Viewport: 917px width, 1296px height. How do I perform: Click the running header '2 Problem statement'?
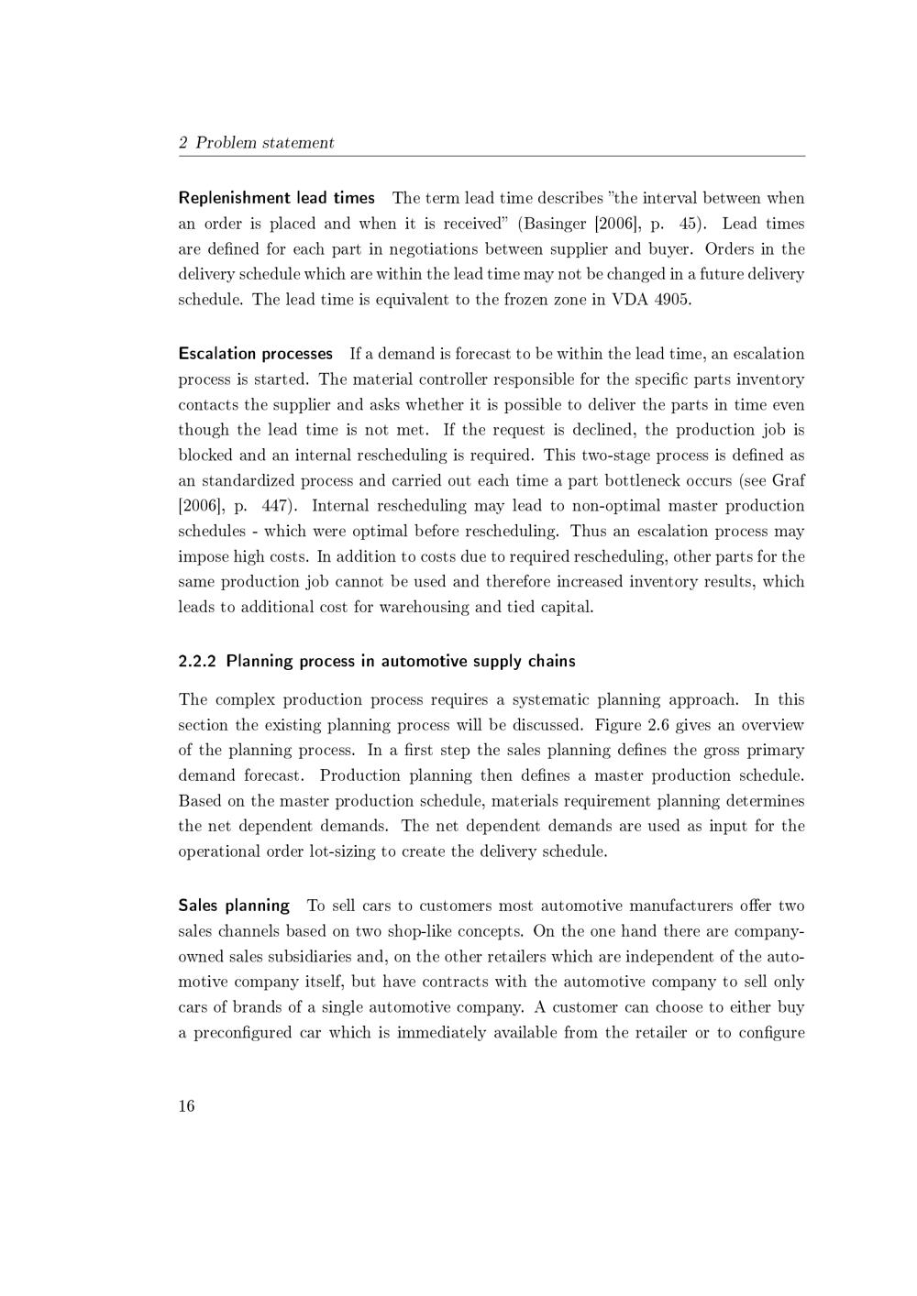(x=256, y=142)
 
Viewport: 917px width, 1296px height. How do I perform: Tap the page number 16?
(x=186, y=1105)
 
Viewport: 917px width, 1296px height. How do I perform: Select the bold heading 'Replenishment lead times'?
(x=276, y=198)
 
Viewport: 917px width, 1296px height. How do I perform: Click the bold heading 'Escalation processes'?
(x=255, y=354)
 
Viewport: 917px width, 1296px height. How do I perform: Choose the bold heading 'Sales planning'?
(x=234, y=906)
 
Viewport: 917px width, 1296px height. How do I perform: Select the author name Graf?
(x=789, y=480)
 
